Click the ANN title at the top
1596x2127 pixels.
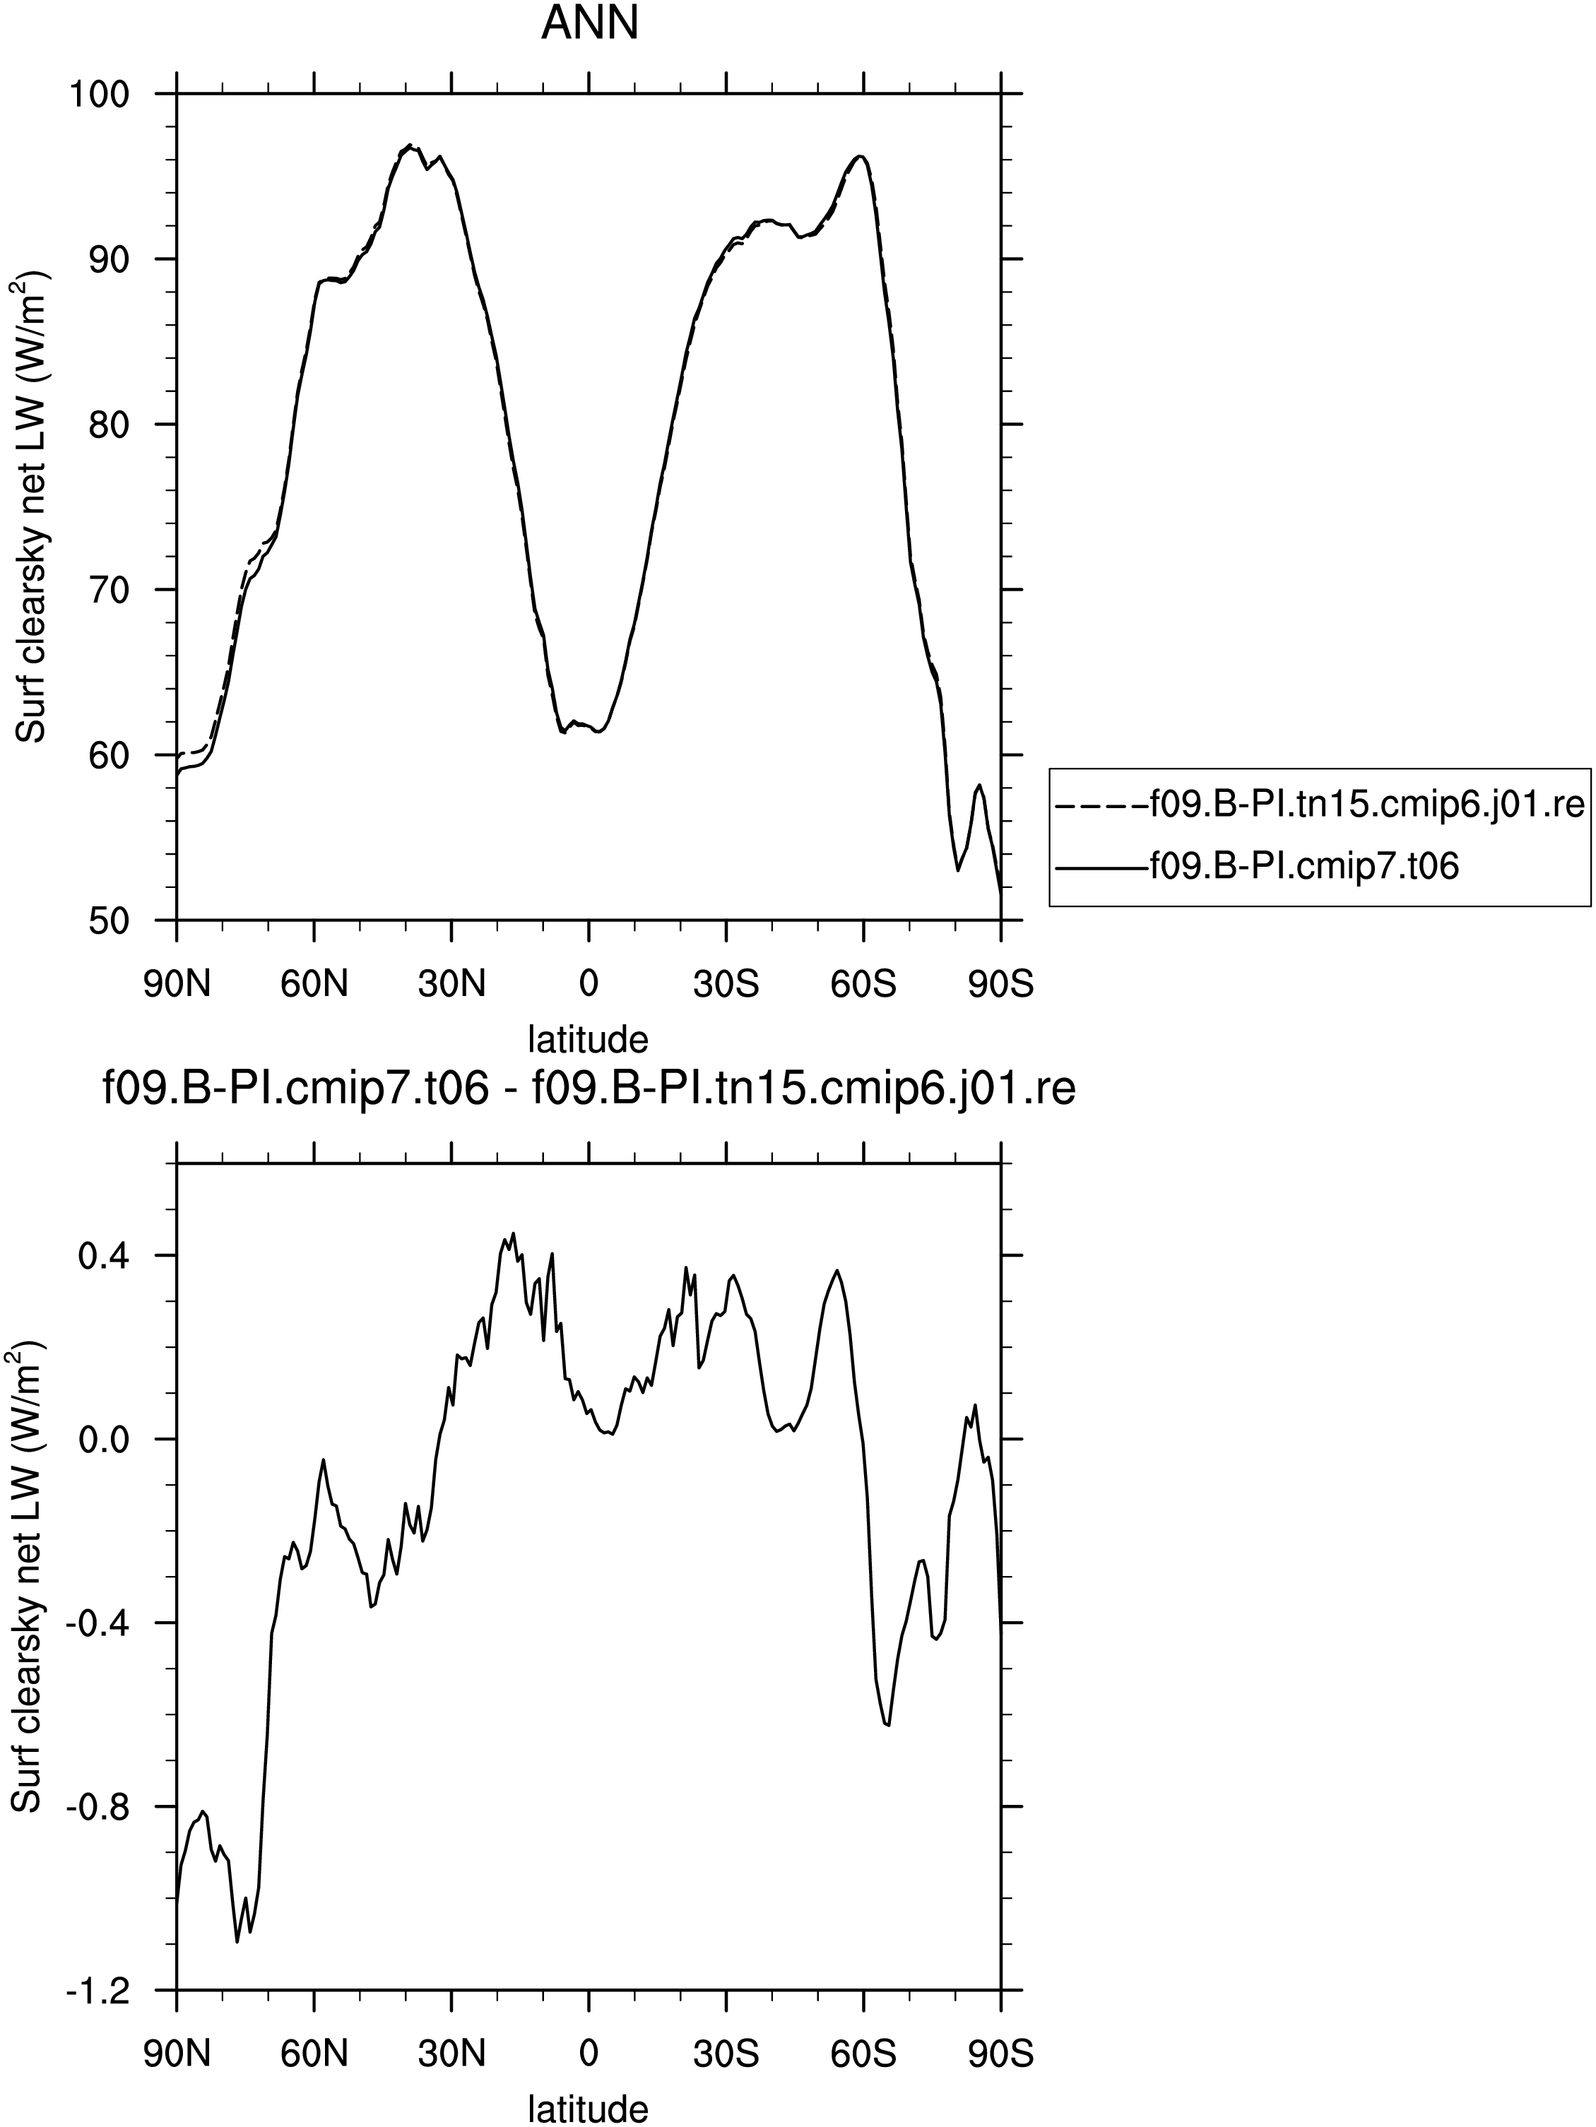(x=589, y=23)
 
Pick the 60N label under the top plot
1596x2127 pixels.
(x=314, y=985)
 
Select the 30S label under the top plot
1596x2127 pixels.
(x=726, y=985)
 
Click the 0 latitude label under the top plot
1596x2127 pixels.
(x=589, y=985)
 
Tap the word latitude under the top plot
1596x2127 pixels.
(x=589, y=1039)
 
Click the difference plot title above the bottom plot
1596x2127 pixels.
(x=589, y=1089)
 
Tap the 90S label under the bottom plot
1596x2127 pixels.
(x=1001, y=2055)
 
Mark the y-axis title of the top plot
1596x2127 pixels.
(x=32, y=506)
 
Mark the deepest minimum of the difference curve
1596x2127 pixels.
(x=237, y=1941)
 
